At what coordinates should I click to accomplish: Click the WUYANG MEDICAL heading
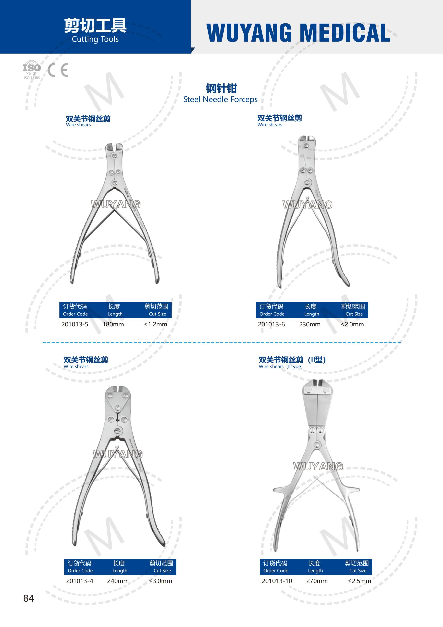coord(298,33)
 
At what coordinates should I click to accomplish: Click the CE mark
coord(58,70)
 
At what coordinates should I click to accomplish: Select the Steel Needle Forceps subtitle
coord(220,99)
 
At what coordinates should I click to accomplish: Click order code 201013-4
coord(80,581)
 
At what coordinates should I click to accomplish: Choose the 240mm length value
coord(118,581)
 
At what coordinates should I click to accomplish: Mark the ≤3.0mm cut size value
coord(161,581)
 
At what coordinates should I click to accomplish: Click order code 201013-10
coord(277,581)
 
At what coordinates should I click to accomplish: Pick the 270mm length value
coord(317,581)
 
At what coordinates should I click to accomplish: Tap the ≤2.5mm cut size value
coord(360,581)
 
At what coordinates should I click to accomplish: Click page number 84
coord(29,598)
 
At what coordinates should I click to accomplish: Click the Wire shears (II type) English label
coord(280,366)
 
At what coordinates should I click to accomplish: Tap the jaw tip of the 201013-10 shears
coord(318,380)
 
